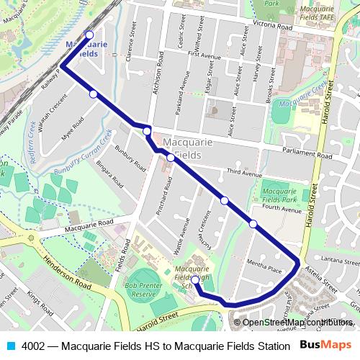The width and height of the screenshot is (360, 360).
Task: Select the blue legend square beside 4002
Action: tap(9, 345)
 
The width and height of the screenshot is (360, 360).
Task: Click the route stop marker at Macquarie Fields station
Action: tap(89, 35)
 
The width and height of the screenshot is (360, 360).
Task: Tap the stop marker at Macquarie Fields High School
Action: tap(194, 279)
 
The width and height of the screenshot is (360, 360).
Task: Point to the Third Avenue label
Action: tap(243, 173)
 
